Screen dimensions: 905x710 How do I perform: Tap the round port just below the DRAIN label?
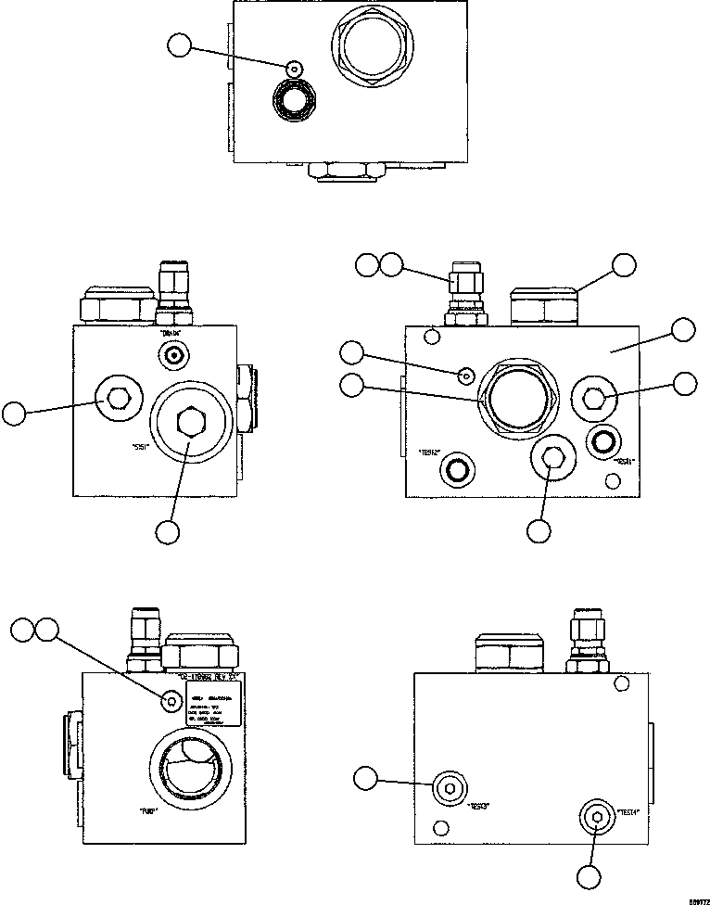171,354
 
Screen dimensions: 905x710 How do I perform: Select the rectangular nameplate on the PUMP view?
213,707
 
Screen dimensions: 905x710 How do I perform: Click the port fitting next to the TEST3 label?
450,789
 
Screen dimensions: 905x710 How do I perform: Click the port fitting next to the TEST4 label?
596,818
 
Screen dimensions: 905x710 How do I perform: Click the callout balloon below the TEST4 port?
588,876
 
